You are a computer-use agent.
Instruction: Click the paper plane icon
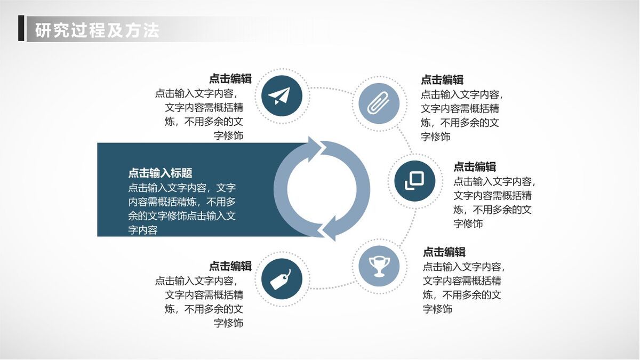(282, 97)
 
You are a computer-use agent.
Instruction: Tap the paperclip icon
(379, 103)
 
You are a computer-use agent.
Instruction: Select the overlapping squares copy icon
(414, 181)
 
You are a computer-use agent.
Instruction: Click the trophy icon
(379, 265)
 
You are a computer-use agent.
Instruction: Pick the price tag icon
(282, 278)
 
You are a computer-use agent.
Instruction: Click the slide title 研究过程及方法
(97, 29)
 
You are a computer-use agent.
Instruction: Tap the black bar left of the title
(21, 28)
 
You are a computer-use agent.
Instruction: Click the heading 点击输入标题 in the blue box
(160, 173)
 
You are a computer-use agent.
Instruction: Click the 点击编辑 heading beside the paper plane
(230, 79)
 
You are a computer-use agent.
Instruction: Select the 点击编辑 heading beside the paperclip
(442, 79)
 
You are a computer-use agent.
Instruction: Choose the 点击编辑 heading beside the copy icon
(475, 166)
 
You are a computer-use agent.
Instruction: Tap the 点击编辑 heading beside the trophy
(444, 252)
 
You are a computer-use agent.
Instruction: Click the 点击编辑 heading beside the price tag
(230, 266)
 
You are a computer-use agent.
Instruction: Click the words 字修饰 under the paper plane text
(228, 136)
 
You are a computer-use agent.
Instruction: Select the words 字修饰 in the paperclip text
(436, 137)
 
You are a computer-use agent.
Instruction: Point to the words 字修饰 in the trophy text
(438, 309)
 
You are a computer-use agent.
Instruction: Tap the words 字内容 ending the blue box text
(143, 230)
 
